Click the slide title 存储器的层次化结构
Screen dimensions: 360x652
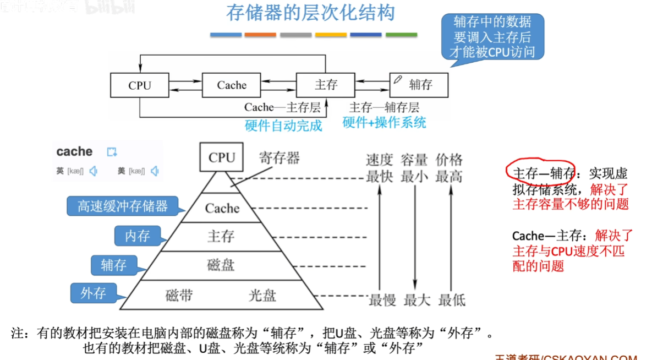tap(311, 14)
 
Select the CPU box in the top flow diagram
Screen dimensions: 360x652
tap(140, 85)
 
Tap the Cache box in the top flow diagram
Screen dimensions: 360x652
tap(232, 85)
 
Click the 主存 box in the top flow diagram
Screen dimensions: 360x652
tap(326, 85)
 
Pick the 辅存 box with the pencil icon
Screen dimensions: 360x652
tap(419, 85)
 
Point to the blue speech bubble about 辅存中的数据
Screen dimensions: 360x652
tap(492, 37)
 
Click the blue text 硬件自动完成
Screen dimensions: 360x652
tap(283, 126)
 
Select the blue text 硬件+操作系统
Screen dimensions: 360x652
tap(384, 122)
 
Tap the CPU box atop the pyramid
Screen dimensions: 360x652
tap(222, 157)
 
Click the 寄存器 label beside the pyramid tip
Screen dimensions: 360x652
tap(279, 159)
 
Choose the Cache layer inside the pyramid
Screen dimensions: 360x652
tap(222, 209)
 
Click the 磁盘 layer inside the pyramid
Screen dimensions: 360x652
tap(221, 265)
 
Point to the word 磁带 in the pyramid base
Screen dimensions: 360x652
tap(179, 296)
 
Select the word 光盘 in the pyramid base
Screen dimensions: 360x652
tap(262, 296)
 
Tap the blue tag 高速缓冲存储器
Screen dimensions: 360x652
tap(123, 206)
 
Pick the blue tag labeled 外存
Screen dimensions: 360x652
tap(93, 293)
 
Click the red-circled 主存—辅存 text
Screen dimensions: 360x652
tap(540, 174)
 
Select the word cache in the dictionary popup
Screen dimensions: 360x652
tap(74, 151)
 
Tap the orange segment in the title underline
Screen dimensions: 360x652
tap(260, 35)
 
